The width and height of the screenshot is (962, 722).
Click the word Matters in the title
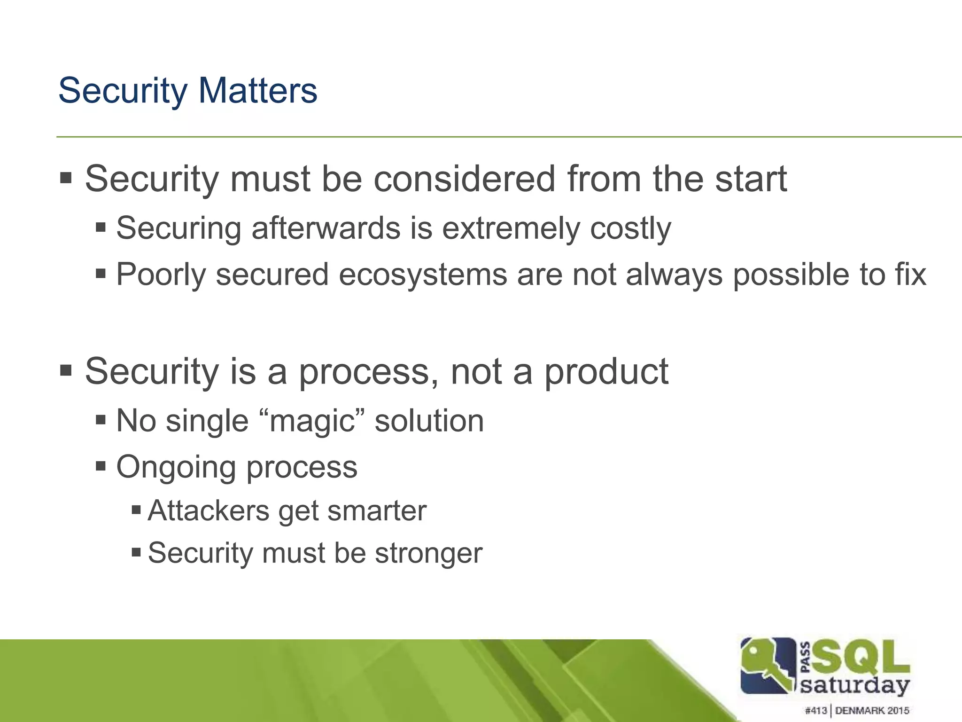(x=257, y=90)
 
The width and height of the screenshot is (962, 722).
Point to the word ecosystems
(x=422, y=275)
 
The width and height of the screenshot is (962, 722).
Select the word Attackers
(x=208, y=511)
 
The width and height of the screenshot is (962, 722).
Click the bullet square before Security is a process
(x=66, y=370)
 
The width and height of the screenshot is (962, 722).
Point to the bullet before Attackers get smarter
(x=136, y=510)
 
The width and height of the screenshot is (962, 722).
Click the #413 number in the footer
(x=815, y=710)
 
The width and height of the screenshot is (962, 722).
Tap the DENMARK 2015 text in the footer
(x=872, y=710)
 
